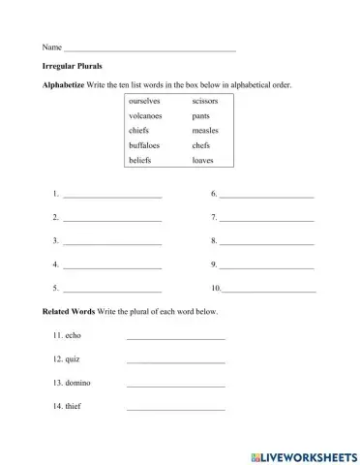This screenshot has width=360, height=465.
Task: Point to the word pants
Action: pos(201,115)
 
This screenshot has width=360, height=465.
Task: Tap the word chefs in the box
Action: pos(201,145)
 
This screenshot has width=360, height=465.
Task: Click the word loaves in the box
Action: pos(203,160)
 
